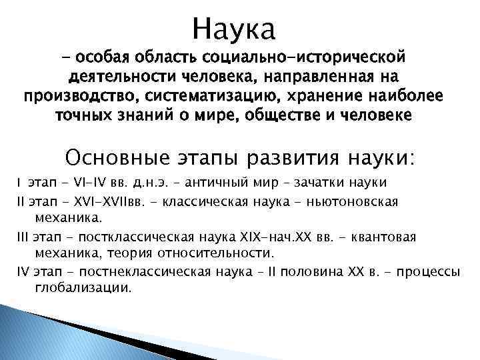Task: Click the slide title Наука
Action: coord(233,29)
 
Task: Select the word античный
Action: coord(214,183)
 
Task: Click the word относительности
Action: coord(213,253)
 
